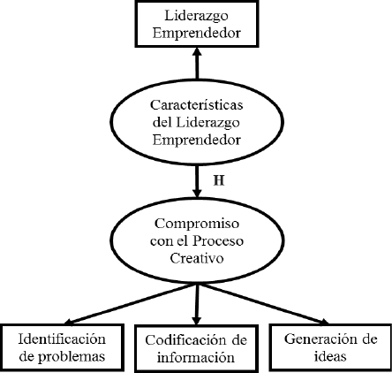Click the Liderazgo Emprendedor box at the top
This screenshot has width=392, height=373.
[x=197, y=24]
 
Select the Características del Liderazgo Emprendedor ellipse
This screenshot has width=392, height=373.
[x=197, y=122]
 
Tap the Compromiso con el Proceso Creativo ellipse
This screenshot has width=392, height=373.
[x=197, y=240]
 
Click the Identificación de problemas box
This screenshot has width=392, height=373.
[x=62, y=347]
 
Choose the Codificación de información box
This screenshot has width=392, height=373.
[x=197, y=348]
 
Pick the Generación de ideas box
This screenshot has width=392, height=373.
[x=330, y=347]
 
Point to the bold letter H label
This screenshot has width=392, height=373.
[x=219, y=180]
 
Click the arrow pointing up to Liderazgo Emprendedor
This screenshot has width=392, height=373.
[x=197, y=64]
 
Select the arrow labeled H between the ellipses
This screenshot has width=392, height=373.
[x=197, y=181]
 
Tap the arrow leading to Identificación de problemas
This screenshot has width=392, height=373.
[x=130, y=304]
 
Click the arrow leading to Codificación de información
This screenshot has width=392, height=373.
[x=197, y=305]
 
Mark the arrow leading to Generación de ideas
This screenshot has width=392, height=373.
[x=263, y=304]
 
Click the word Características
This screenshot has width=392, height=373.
[x=197, y=105]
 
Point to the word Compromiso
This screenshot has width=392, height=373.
[x=197, y=225]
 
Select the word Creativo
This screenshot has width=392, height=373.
[x=197, y=258]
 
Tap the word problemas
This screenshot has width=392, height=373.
[x=72, y=357]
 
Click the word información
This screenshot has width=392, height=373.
[x=196, y=357]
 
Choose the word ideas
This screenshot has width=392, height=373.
[x=330, y=356]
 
